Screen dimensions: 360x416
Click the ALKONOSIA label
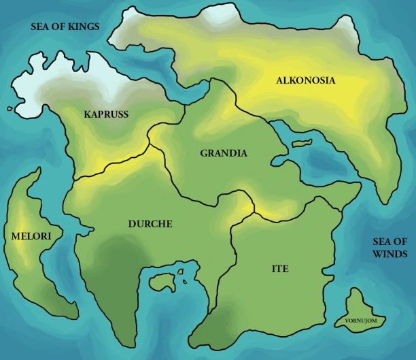click(x=306, y=80)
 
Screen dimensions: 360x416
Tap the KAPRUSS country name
click(x=106, y=114)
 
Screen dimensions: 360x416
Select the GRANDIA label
click(x=224, y=153)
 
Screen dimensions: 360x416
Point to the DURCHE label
click(x=150, y=223)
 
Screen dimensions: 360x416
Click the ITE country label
click(x=279, y=269)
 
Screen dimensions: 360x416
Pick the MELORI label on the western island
click(x=27, y=235)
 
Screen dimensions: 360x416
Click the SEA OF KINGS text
click(x=65, y=27)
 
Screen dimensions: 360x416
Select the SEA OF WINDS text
click(x=390, y=248)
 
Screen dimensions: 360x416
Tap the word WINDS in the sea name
click(x=390, y=255)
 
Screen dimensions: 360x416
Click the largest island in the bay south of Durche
click(x=160, y=280)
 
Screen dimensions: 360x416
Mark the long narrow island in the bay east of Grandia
click(x=299, y=144)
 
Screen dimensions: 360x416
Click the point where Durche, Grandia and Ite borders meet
click(x=254, y=212)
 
